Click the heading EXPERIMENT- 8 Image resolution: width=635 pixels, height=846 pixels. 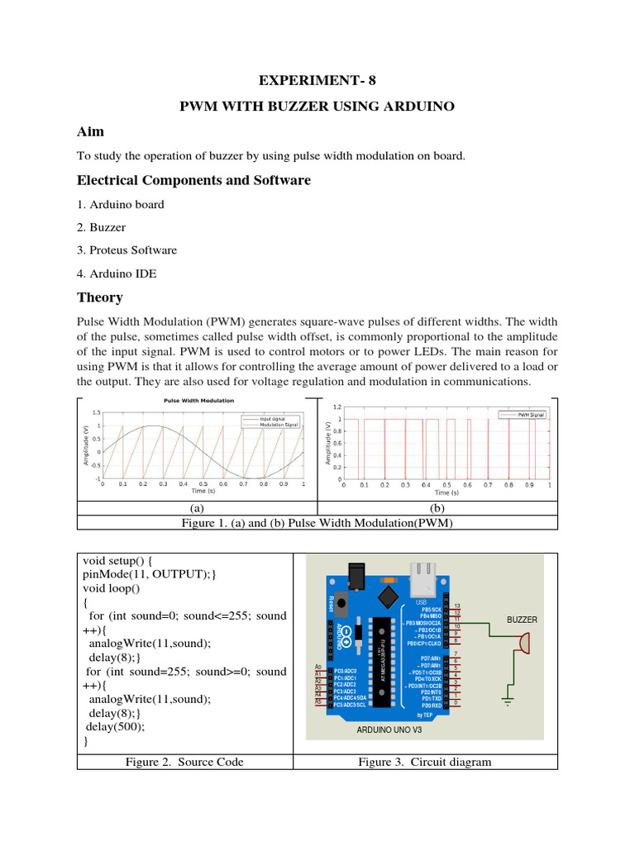point(317,80)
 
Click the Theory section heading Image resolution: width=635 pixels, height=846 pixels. point(99,297)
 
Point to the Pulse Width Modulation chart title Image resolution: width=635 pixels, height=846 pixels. point(198,401)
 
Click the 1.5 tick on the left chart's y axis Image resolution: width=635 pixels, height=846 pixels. point(97,412)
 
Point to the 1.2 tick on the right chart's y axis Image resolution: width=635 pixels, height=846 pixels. point(337,407)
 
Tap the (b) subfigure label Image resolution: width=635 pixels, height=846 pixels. point(437,509)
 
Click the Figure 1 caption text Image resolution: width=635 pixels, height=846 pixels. point(317,524)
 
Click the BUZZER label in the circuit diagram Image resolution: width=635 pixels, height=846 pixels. point(522,619)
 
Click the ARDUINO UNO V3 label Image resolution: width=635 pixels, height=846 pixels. point(389,730)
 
